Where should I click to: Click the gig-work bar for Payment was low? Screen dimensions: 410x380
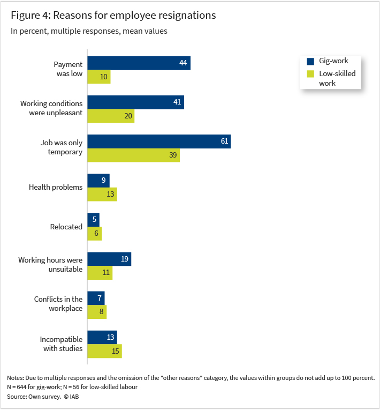coord(139,63)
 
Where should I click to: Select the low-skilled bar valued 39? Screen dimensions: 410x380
coord(133,155)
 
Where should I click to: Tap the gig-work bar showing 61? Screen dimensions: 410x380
coord(159,141)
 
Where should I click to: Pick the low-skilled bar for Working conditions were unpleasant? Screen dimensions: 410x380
coord(111,116)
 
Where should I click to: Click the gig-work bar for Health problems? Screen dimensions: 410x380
coord(98,181)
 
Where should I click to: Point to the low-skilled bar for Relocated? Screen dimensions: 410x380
coord(95,234)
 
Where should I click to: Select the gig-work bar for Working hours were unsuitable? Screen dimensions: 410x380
coord(109,259)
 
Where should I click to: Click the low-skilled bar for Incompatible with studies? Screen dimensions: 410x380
coord(105,351)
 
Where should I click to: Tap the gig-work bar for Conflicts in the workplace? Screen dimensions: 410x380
coord(96,298)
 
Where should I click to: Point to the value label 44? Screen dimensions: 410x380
coord(183,63)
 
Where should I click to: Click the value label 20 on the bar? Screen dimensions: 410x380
coord(127,116)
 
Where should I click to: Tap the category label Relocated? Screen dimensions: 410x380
coord(66,227)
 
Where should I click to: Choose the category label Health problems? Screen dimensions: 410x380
coord(56,188)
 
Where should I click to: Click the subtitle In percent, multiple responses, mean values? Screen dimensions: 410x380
coord(89,31)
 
